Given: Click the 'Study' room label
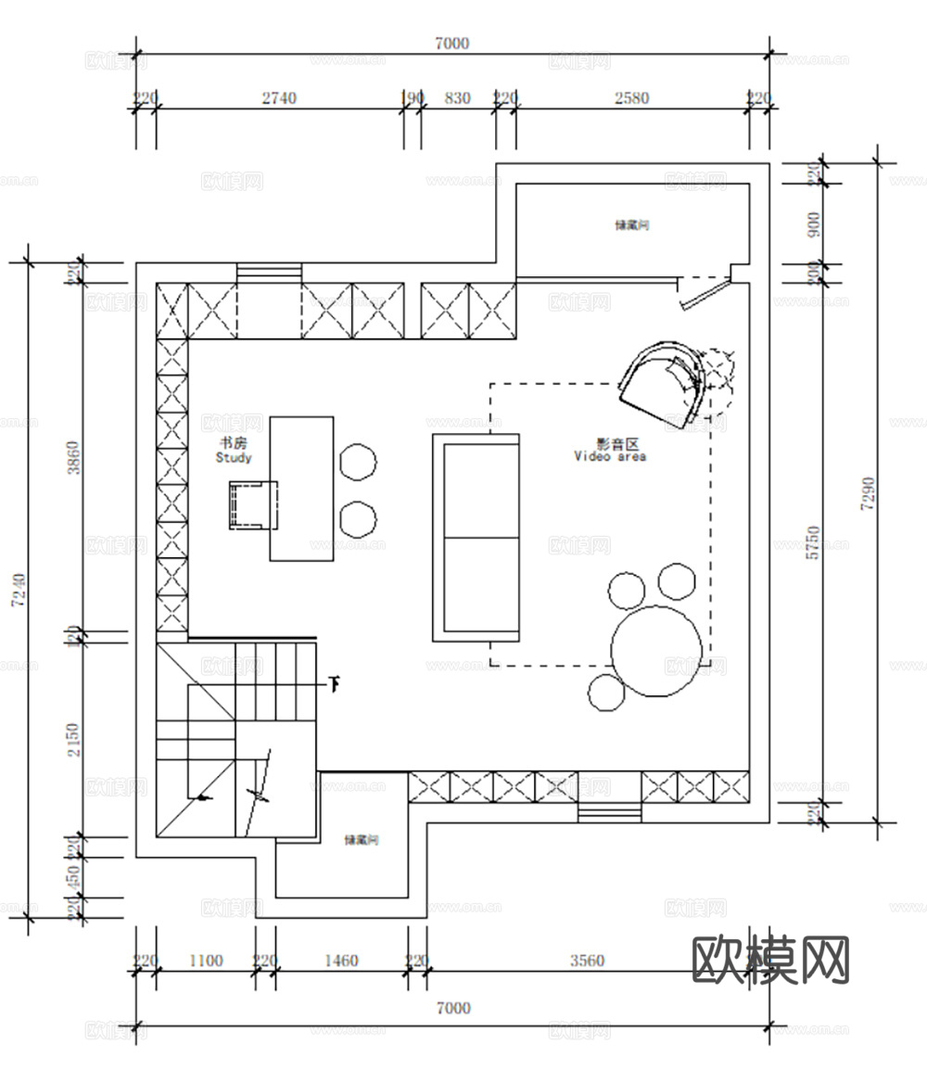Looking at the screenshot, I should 233,457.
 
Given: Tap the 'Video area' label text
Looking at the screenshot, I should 610,455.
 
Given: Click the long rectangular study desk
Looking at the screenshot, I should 301,489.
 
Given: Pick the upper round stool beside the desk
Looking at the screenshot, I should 358,461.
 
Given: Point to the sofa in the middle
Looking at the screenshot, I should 476,537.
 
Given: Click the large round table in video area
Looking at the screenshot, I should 656,650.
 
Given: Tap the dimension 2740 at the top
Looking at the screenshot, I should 278,98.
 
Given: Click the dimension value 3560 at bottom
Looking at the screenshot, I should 586,961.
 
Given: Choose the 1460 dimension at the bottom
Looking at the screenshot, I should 340,961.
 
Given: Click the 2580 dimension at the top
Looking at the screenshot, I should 631,98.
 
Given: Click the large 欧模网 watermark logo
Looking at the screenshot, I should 771,960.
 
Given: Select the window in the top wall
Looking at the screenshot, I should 269,273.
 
